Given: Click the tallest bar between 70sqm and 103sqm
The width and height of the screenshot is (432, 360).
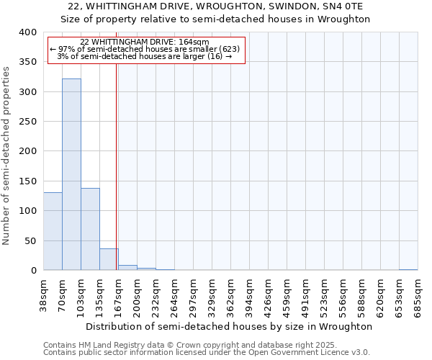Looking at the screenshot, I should click(71, 174).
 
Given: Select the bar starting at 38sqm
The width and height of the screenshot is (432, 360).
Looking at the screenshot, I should click(53, 231).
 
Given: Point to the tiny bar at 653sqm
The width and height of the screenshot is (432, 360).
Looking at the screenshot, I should click(408, 269).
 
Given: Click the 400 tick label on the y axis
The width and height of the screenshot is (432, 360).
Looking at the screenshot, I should click(27, 32).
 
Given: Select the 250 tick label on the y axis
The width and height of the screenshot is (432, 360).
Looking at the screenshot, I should click(27, 122).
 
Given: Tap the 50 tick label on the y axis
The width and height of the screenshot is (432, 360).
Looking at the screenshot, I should click(30, 240).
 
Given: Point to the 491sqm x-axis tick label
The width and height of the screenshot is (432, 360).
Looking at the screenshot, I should click(306, 295).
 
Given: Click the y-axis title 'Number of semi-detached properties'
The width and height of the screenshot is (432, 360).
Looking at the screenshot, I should click(6, 156).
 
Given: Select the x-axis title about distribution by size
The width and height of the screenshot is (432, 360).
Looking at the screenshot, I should click(228, 326).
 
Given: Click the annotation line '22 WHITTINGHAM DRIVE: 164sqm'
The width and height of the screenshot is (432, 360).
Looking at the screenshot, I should click(145, 42).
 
